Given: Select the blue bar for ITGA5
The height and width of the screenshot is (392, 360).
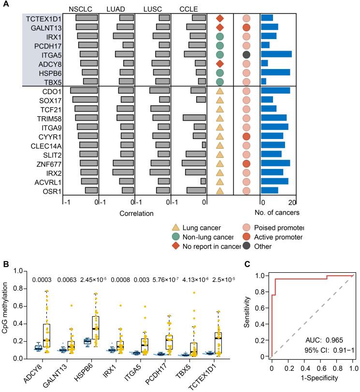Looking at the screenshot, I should coord(276,54).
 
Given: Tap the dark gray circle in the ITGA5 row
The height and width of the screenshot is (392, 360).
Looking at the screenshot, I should coord(246,54).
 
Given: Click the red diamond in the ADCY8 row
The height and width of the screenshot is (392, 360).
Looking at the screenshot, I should coord(220,63).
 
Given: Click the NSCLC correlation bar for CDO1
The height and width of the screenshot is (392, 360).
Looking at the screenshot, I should coord(84,90).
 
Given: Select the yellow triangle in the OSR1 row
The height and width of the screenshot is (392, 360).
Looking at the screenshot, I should coord(220,190).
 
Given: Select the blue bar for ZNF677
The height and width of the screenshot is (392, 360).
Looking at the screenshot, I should coord(275,163).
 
